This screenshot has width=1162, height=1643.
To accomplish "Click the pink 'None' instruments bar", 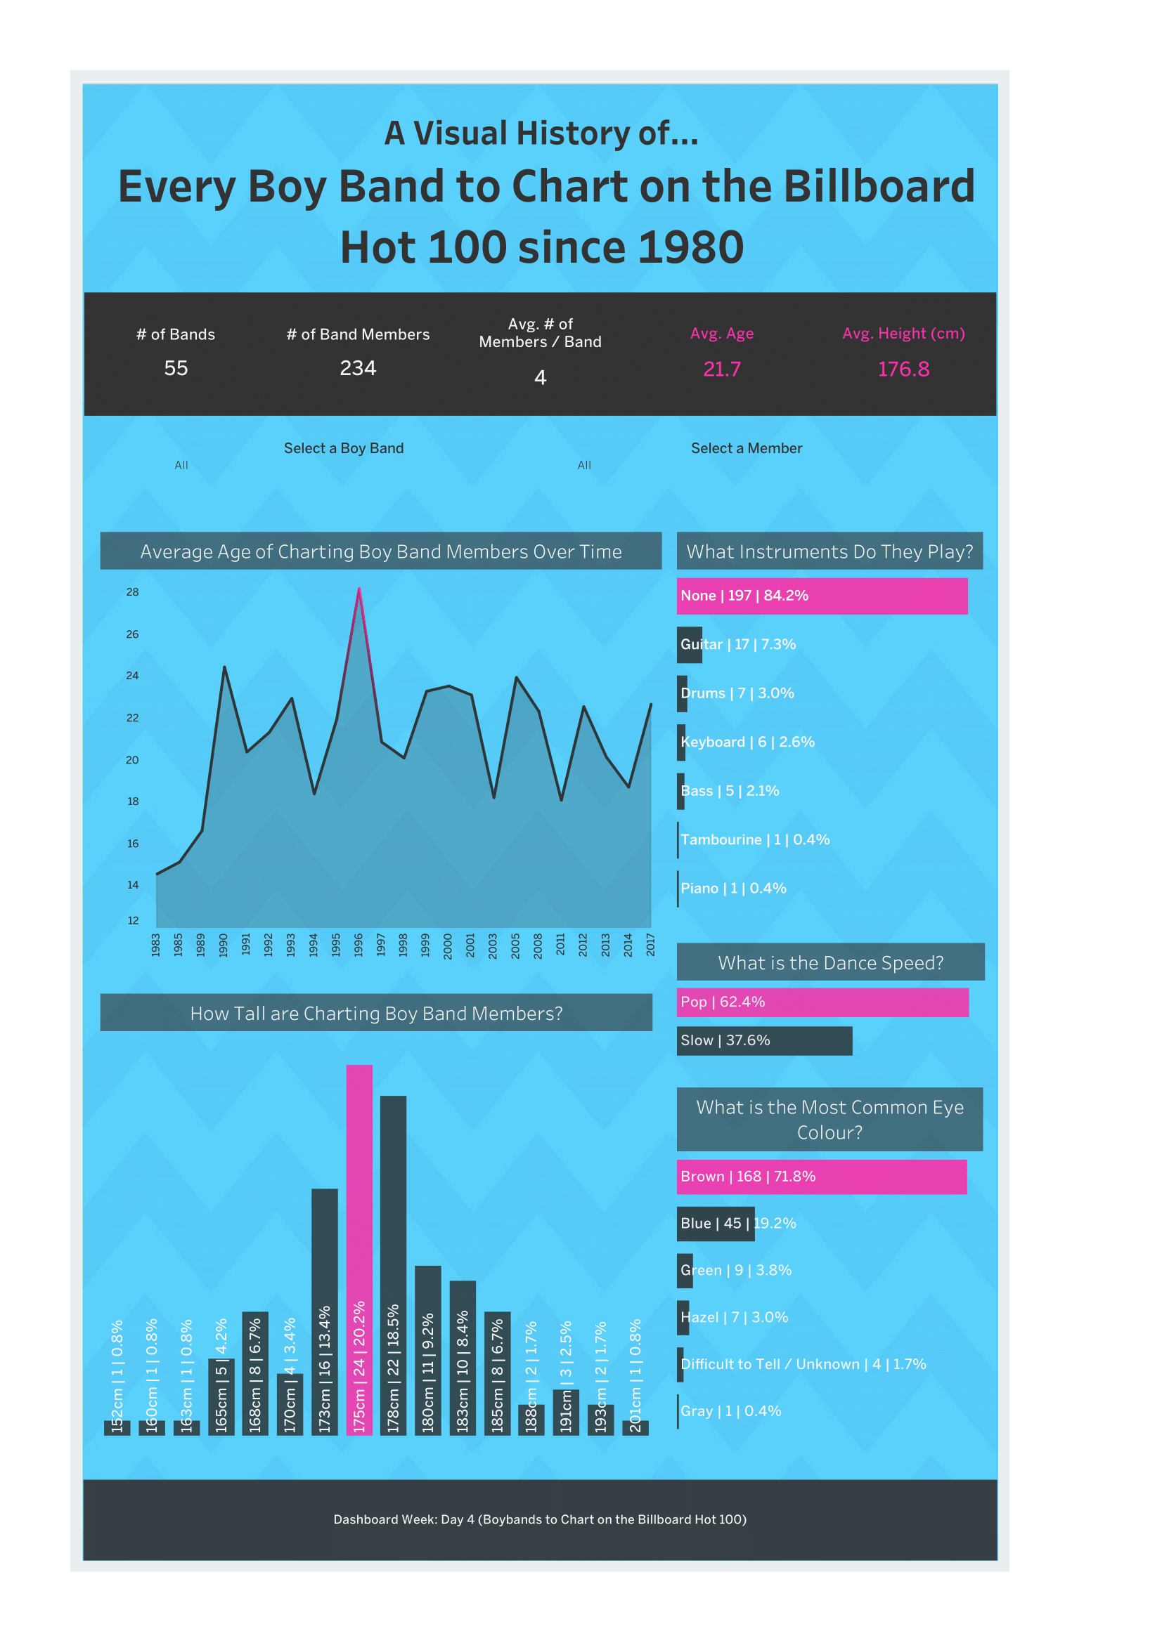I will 822,596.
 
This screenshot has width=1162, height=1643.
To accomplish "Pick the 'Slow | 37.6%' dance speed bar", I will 764,1040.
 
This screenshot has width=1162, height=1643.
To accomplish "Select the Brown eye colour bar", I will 821,1177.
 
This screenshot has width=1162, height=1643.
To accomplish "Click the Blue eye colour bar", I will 714,1224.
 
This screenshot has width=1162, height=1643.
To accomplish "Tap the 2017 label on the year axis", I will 651,945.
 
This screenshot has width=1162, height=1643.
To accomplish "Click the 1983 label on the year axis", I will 156,945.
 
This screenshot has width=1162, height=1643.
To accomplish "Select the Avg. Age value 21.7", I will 722,369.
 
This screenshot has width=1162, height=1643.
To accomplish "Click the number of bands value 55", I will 176,369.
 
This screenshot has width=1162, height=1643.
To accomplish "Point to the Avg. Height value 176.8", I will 903,369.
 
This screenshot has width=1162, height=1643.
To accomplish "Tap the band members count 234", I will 358,369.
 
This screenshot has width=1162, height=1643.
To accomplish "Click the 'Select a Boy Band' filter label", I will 344,449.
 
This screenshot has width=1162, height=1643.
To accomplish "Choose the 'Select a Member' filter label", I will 746,449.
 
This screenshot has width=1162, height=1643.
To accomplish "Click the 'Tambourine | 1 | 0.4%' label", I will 754,840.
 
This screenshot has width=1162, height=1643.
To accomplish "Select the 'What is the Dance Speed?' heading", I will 830,963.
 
